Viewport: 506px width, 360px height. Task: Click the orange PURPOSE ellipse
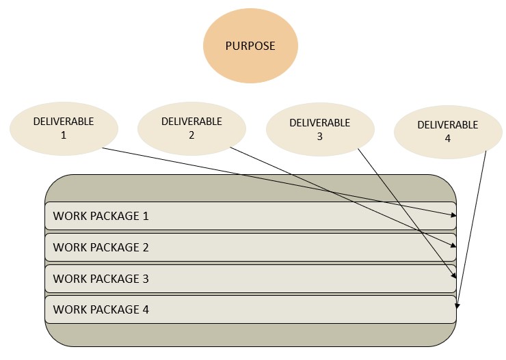tap(250, 46)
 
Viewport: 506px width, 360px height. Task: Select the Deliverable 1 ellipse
tap(64, 128)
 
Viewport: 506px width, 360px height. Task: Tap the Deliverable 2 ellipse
tap(191, 128)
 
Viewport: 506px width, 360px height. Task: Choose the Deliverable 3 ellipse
tap(319, 129)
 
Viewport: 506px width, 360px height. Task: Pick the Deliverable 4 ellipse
tap(447, 131)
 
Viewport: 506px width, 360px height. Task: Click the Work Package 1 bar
tap(250, 216)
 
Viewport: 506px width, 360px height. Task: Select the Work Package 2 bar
tap(250, 247)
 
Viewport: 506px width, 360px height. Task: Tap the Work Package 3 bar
tap(250, 279)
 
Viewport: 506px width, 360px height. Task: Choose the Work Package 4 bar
tap(250, 309)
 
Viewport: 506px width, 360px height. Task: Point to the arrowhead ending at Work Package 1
tap(453, 215)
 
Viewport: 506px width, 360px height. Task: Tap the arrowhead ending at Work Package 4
tap(457, 305)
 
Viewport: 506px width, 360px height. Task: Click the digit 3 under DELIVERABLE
tap(319, 136)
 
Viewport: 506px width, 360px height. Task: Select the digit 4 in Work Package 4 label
tap(145, 309)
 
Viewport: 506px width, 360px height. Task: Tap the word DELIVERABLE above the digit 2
tap(191, 122)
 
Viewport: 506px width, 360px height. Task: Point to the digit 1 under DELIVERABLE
tap(64, 135)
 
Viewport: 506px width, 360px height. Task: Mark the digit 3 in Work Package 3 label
tap(145, 279)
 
